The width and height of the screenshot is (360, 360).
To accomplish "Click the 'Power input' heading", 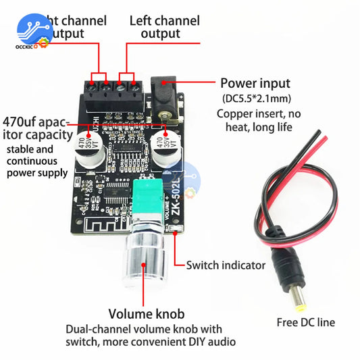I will [x=255, y=84].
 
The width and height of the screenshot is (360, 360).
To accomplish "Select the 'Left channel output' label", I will [x=164, y=27].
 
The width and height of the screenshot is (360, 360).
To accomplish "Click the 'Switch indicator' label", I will [x=226, y=265].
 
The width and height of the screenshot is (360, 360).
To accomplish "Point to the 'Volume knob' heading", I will [x=147, y=314].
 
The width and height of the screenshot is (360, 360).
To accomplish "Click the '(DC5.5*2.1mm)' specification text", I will [x=255, y=99].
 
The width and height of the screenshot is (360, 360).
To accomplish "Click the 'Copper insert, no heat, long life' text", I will [x=254, y=120].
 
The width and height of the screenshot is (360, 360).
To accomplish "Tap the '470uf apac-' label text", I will [x=36, y=122].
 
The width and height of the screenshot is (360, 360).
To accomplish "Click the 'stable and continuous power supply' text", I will [x=36, y=161].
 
